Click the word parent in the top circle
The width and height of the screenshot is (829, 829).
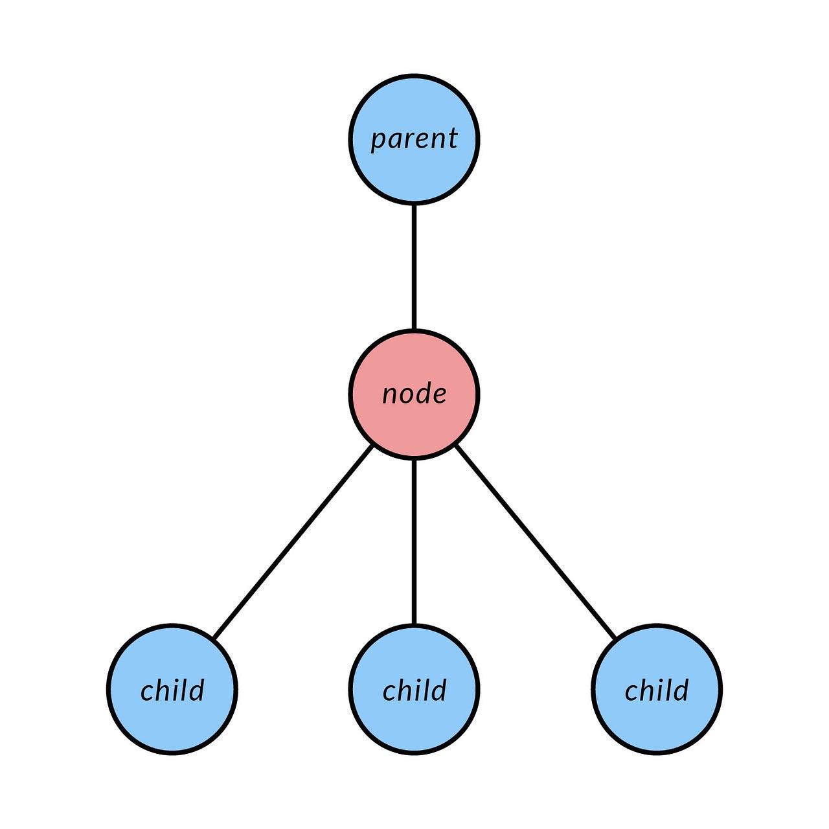[x=414, y=139]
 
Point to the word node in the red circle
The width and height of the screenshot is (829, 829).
[x=414, y=394]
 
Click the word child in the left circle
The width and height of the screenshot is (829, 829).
[x=172, y=690]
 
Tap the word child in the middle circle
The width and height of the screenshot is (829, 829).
[x=414, y=690]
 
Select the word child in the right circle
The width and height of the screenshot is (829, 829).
[x=657, y=690]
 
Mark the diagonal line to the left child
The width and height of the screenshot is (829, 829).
[x=293, y=541]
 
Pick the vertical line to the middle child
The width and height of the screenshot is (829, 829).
[x=414, y=541]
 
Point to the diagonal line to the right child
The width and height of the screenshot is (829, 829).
[x=536, y=541]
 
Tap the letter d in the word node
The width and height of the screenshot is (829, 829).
[x=424, y=392]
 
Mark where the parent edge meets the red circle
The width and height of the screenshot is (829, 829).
[x=414, y=330]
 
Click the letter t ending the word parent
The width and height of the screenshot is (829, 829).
[x=453, y=137]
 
